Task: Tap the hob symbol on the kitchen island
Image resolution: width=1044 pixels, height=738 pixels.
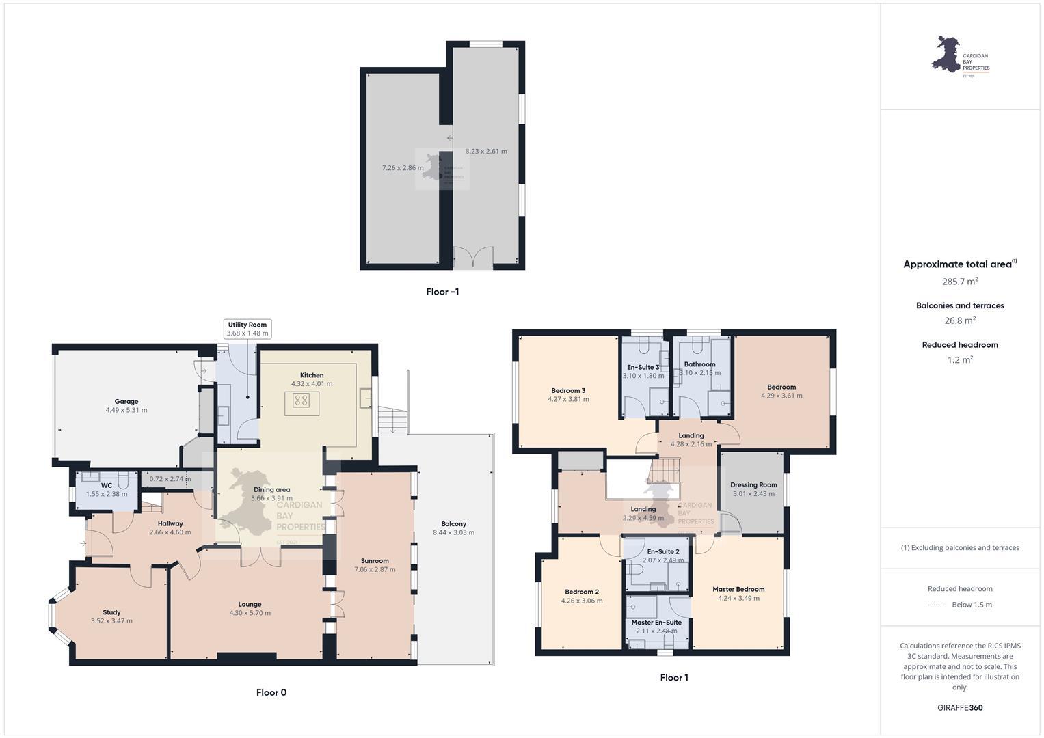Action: click(302, 400)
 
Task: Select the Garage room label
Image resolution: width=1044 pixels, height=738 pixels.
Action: click(126, 402)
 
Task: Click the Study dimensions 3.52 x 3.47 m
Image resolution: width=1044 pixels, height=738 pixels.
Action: click(111, 621)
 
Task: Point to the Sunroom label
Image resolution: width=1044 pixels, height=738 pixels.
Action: click(375, 561)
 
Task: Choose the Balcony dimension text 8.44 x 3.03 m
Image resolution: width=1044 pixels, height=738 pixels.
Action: click(453, 532)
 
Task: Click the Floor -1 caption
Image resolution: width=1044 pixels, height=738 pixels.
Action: click(442, 292)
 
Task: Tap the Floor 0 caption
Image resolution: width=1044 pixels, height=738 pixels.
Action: click(271, 692)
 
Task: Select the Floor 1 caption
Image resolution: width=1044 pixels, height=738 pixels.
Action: click(674, 678)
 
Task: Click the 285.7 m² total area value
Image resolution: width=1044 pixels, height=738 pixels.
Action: click(960, 281)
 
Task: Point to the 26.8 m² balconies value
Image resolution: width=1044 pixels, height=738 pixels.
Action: click(960, 320)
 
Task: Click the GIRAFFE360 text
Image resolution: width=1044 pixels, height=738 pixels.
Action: click(960, 707)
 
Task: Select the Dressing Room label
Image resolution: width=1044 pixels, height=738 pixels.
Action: click(753, 485)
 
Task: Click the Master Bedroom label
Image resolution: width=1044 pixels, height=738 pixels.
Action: click(738, 589)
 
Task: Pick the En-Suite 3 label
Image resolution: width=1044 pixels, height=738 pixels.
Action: click(643, 367)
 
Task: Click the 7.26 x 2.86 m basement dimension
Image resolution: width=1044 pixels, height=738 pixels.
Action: click(403, 167)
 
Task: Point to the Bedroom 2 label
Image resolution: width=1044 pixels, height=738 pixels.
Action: click(582, 592)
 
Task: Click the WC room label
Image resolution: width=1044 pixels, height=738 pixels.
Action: click(107, 485)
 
